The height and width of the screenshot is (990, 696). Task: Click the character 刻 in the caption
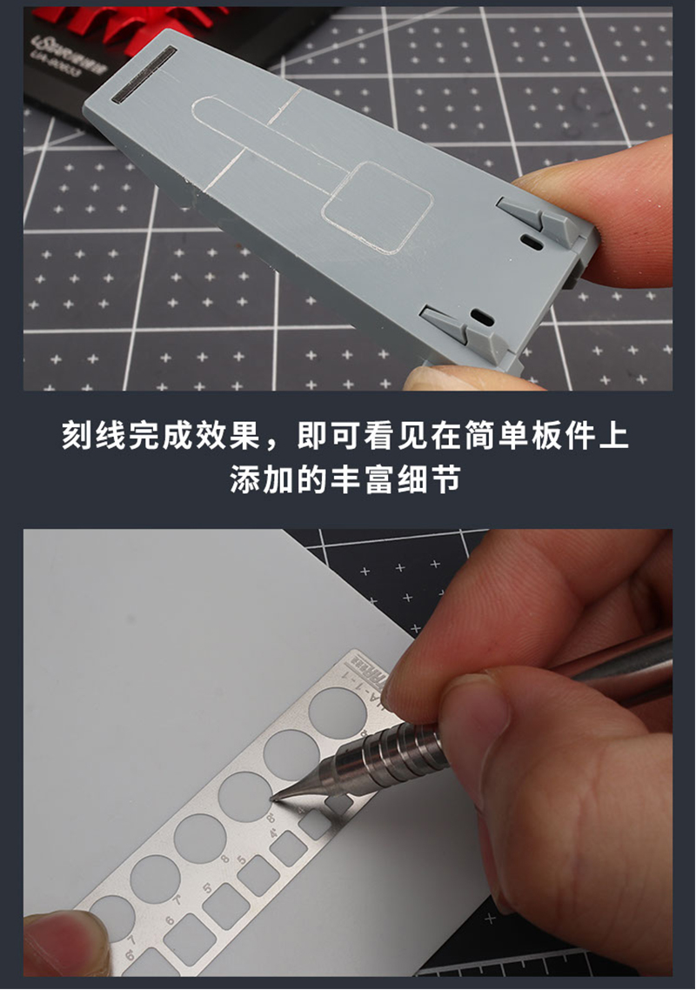click(x=77, y=436)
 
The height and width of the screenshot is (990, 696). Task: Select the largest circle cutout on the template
click(x=338, y=710)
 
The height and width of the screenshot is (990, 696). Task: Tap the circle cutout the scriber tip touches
click(x=244, y=795)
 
